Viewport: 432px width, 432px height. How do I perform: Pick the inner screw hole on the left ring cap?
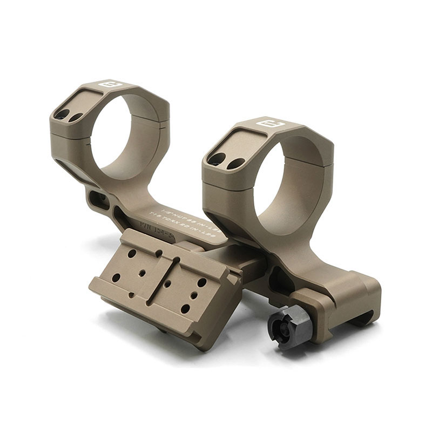(x=76, y=116)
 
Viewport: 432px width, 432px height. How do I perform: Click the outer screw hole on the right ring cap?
(x=217, y=159)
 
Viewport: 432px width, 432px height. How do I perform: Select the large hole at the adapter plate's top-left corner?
(x=131, y=253)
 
